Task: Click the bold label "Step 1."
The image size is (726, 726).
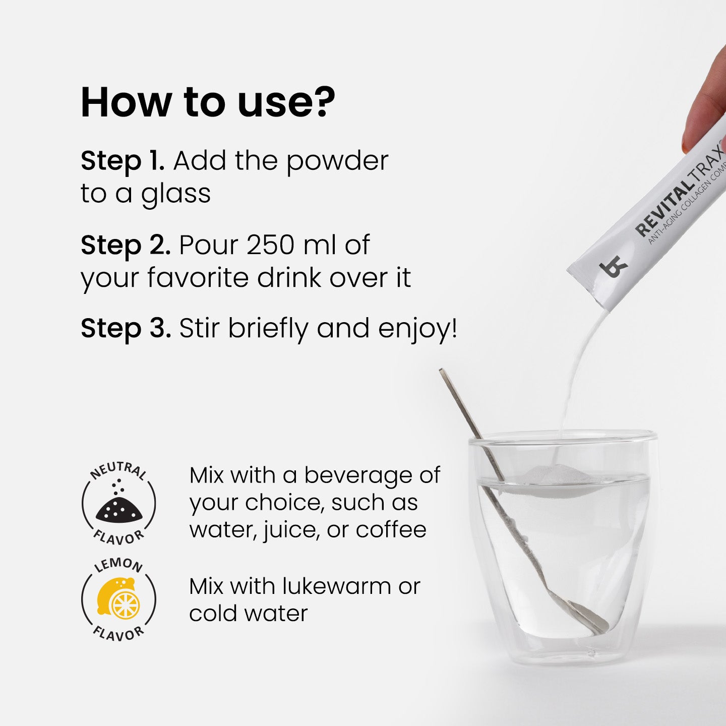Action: click(123, 161)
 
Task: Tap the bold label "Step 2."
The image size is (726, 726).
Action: click(126, 245)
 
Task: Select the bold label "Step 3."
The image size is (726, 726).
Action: click(126, 328)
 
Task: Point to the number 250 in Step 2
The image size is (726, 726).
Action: click(271, 245)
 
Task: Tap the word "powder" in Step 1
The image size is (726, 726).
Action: click(337, 162)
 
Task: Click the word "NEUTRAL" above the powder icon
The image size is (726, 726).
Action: click(119, 470)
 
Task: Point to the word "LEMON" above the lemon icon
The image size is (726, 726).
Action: click(119, 565)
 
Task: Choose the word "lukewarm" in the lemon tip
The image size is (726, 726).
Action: click(337, 586)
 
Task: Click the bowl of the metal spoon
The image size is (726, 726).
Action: click(588, 616)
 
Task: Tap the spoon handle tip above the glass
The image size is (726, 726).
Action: click(443, 373)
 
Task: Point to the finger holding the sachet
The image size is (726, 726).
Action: click(704, 116)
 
